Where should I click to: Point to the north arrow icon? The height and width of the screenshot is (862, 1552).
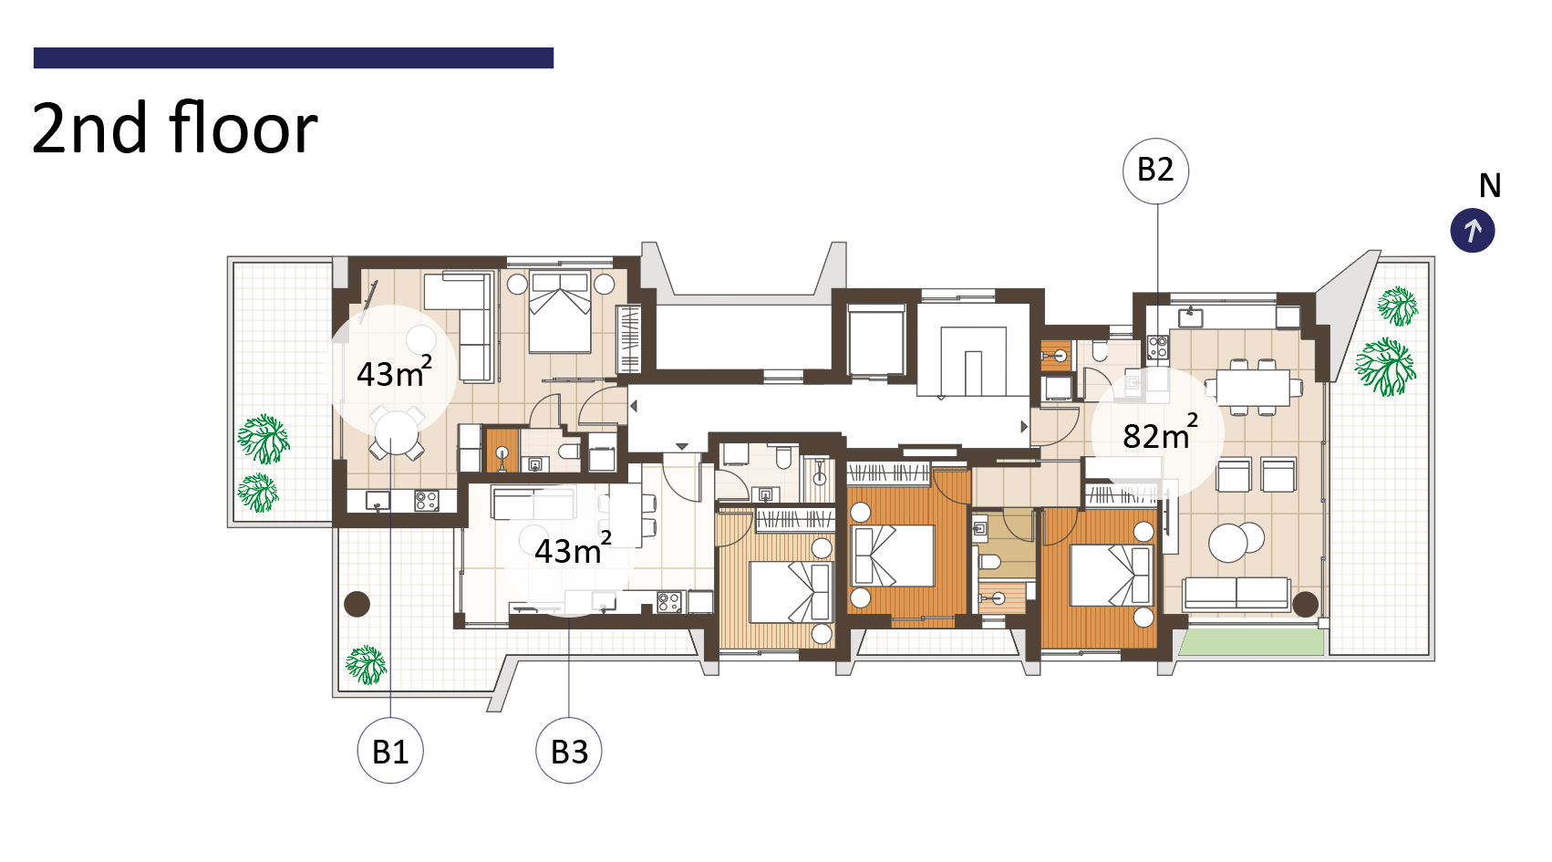(x=1473, y=230)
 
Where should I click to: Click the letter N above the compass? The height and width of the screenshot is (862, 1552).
(x=1490, y=186)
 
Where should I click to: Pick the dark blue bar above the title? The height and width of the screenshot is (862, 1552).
(x=293, y=57)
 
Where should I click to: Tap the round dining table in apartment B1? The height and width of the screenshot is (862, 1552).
(x=397, y=433)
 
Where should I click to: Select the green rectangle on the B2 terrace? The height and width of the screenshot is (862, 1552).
(x=1250, y=641)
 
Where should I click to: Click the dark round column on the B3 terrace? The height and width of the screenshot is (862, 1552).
(x=357, y=604)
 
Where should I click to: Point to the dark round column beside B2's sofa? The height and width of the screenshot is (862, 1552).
(x=1306, y=604)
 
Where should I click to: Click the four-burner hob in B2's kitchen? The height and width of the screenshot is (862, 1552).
(x=1158, y=347)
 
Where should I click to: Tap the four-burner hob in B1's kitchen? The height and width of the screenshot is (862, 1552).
(x=426, y=500)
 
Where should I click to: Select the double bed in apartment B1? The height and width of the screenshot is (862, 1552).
(x=560, y=313)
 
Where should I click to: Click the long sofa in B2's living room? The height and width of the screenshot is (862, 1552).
(x=1236, y=593)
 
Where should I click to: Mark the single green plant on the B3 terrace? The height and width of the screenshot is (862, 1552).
(x=366, y=665)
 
